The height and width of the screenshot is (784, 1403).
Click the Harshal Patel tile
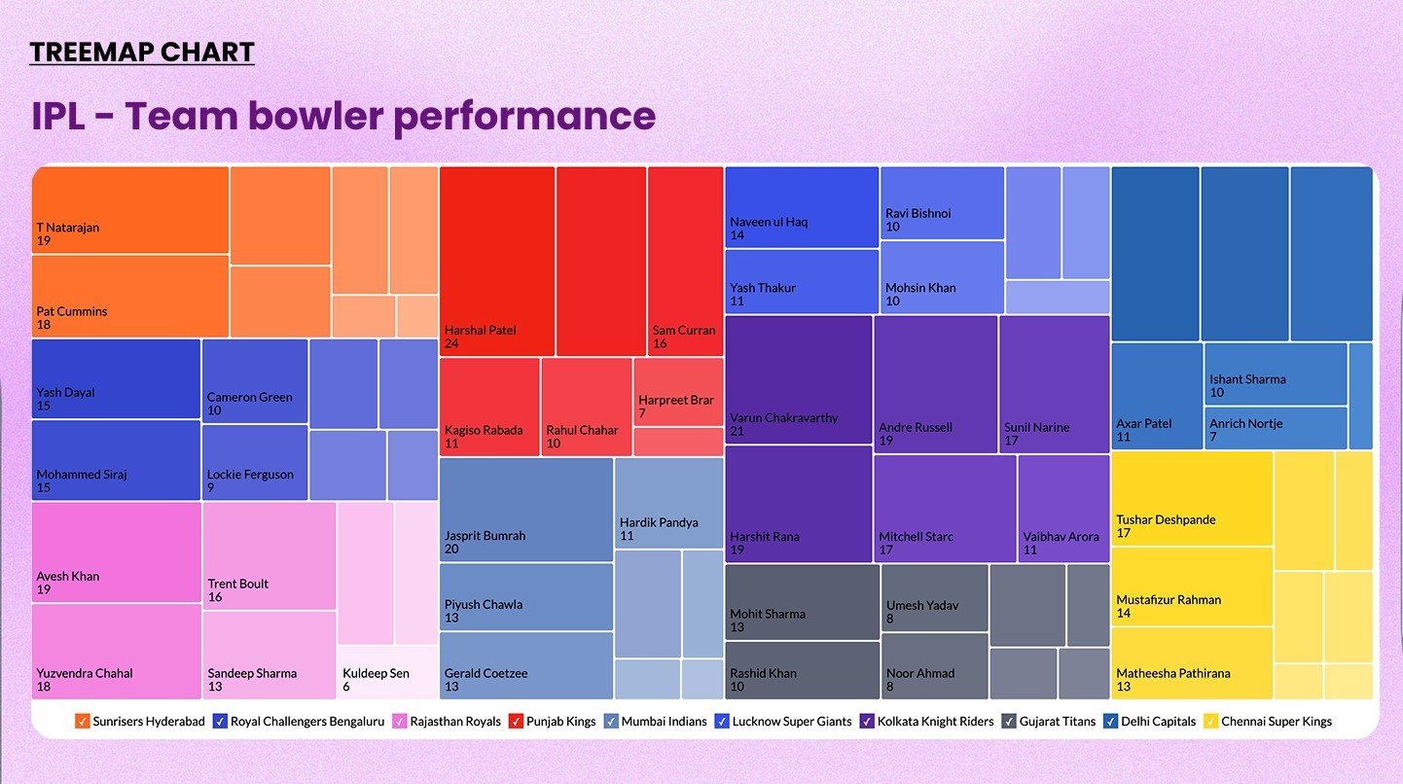tap(497, 261)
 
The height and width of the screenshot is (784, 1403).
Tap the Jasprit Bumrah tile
tap(526, 509)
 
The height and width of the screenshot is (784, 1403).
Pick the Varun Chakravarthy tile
tap(798, 379)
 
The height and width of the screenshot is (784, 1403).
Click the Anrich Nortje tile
tap(1276, 428)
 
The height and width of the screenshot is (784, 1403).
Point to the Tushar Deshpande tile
tap(1192, 498)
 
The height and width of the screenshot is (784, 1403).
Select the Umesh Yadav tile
tap(934, 598)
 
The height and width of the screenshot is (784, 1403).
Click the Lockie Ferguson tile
tap(255, 462)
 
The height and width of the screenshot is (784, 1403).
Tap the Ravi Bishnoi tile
tap(942, 202)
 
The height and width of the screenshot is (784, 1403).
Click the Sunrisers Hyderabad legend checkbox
tap(83, 722)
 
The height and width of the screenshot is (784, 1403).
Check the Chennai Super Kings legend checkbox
tap(1211, 722)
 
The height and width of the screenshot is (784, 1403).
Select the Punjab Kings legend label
tap(561, 722)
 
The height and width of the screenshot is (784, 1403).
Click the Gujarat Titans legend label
tap(1057, 722)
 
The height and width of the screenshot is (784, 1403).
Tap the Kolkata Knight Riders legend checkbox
tap(867, 722)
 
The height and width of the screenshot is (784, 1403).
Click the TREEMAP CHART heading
tap(142, 53)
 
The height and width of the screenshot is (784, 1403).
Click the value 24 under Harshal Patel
tap(451, 343)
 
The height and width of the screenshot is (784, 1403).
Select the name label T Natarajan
tap(68, 228)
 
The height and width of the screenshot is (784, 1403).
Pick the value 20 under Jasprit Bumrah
tap(451, 549)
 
